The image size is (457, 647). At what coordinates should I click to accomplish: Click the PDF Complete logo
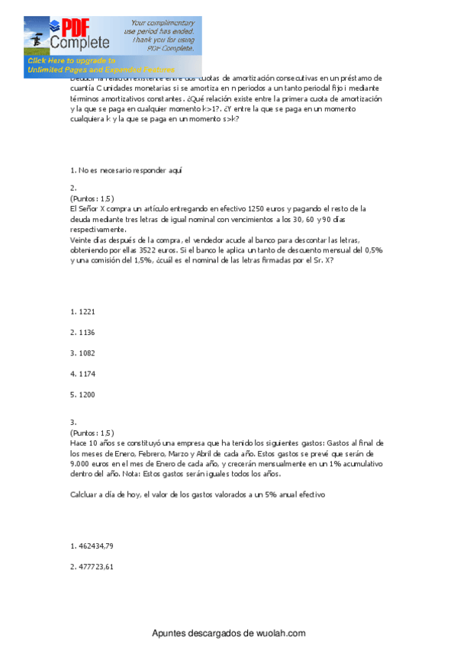[x=79, y=34]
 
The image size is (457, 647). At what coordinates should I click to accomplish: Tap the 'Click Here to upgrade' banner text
[x=71, y=60]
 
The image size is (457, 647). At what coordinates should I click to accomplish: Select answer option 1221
[x=82, y=311]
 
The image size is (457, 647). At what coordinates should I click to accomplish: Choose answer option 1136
[x=82, y=332]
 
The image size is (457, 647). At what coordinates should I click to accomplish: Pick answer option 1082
[x=82, y=352]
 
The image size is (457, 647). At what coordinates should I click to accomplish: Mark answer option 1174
[x=82, y=373]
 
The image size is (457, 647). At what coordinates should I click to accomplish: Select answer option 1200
[x=82, y=394]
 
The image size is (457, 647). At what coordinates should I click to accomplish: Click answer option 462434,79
[x=91, y=546]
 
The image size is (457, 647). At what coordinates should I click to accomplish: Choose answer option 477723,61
[x=91, y=566]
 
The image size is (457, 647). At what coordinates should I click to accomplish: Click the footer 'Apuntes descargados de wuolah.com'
[x=228, y=633]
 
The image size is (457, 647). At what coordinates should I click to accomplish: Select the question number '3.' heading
[x=72, y=422]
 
